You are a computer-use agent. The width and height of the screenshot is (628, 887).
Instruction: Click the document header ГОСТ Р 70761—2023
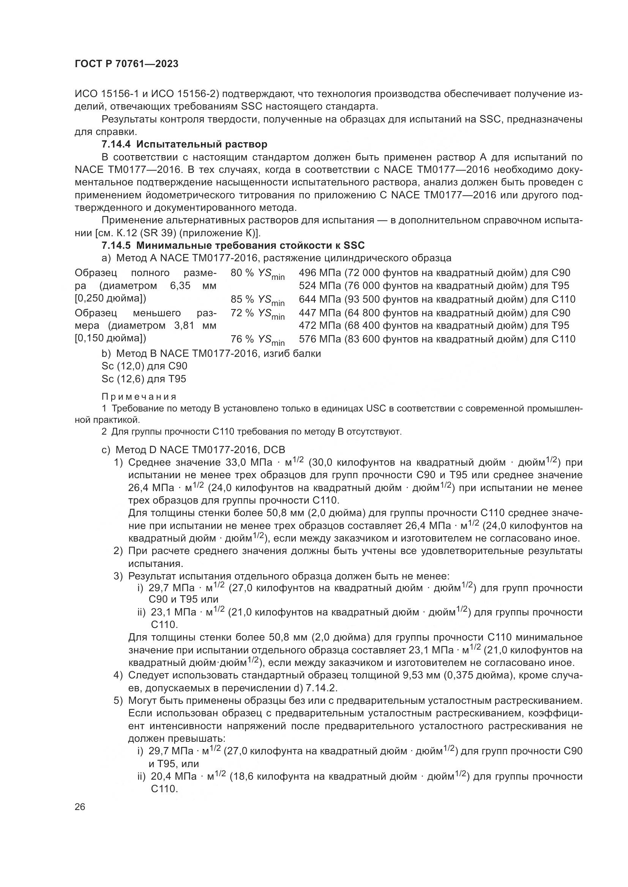point(126,64)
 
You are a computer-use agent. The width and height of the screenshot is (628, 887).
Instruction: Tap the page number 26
point(80,807)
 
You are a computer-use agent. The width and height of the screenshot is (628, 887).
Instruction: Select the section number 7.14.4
point(116,144)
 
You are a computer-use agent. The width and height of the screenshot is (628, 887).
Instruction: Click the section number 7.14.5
point(116,246)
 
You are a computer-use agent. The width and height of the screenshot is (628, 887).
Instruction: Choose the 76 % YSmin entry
point(257,340)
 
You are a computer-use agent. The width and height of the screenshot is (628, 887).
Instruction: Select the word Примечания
point(139,397)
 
